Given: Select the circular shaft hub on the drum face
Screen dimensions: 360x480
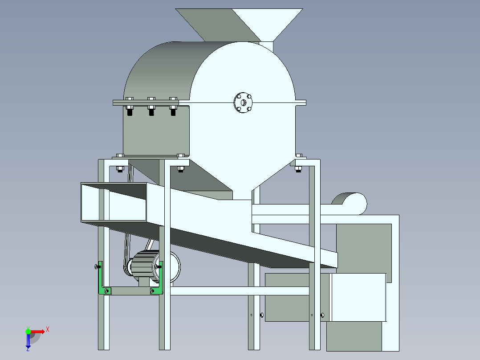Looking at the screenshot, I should tap(243, 103).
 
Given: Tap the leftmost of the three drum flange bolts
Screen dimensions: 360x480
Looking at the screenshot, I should tap(130, 107).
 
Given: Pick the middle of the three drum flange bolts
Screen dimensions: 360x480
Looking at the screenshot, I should tap(151, 107).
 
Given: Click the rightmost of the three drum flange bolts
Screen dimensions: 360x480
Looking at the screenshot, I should tap(174, 107).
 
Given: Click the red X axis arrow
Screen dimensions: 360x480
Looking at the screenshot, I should tap(38, 331).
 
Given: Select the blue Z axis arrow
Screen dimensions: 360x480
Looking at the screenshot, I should tap(28, 341).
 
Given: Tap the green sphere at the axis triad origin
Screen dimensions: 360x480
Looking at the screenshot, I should tap(28, 331).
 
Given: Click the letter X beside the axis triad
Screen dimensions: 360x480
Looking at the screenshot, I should tap(47, 329).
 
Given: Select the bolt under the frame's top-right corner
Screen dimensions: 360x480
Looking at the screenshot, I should tap(298, 168).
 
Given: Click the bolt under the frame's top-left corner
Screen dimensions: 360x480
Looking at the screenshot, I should tap(119, 168).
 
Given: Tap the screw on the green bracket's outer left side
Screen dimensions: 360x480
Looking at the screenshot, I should tap(97, 267).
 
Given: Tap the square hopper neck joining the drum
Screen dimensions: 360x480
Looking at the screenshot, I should tap(266, 45).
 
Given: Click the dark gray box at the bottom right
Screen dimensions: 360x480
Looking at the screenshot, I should tap(354, 336).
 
